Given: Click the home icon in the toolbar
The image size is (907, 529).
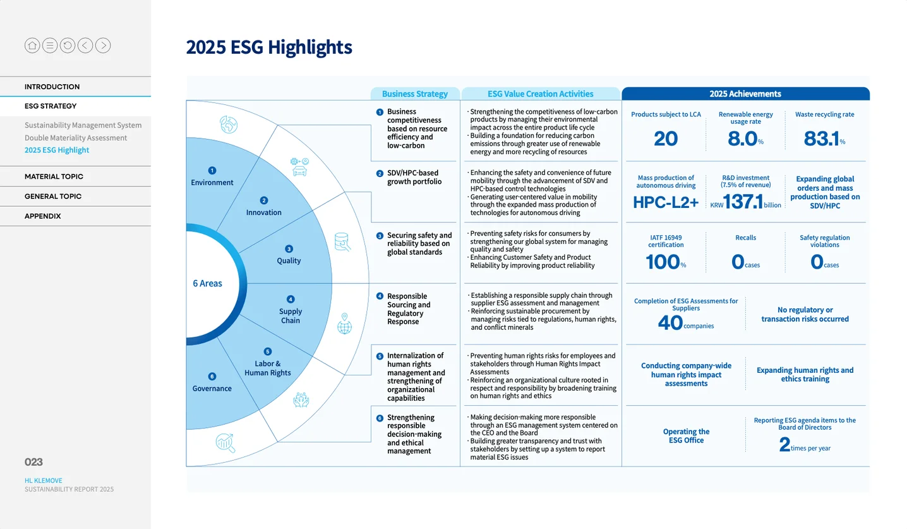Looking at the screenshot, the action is [32, 46].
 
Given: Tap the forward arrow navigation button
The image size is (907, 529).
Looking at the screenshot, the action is [103, 46].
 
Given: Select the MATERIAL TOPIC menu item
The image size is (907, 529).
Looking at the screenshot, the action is [54, 176].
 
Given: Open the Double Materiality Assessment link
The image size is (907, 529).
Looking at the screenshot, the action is [76, 138].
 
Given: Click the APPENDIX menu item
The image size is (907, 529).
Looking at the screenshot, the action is [42, 216].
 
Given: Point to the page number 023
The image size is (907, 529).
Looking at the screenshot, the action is [33, 462].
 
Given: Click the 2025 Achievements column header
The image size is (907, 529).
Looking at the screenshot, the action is [745, 94].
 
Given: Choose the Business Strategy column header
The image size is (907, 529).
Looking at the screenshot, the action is [415, 94].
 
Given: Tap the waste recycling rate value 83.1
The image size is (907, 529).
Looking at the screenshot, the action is [822, 138].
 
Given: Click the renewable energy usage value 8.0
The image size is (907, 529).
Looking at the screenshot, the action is [742, 138].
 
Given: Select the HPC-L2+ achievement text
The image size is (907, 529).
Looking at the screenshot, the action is [666, 202].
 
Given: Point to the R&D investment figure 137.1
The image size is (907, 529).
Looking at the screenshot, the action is [743, 202].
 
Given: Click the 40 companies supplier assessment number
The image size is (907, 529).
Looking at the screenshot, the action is [670, 323].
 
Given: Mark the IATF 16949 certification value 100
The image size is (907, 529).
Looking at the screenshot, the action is [663, 262].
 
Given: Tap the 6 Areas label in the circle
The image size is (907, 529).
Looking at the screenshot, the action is [207, 284].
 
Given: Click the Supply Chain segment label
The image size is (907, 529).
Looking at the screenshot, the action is [291, 316].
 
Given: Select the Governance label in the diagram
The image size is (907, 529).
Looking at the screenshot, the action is [212, 389].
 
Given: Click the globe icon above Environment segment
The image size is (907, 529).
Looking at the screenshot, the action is [229, 125].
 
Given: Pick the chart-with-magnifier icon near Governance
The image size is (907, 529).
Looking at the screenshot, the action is [225, 442].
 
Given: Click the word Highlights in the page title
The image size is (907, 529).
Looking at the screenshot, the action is [309, 47].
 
